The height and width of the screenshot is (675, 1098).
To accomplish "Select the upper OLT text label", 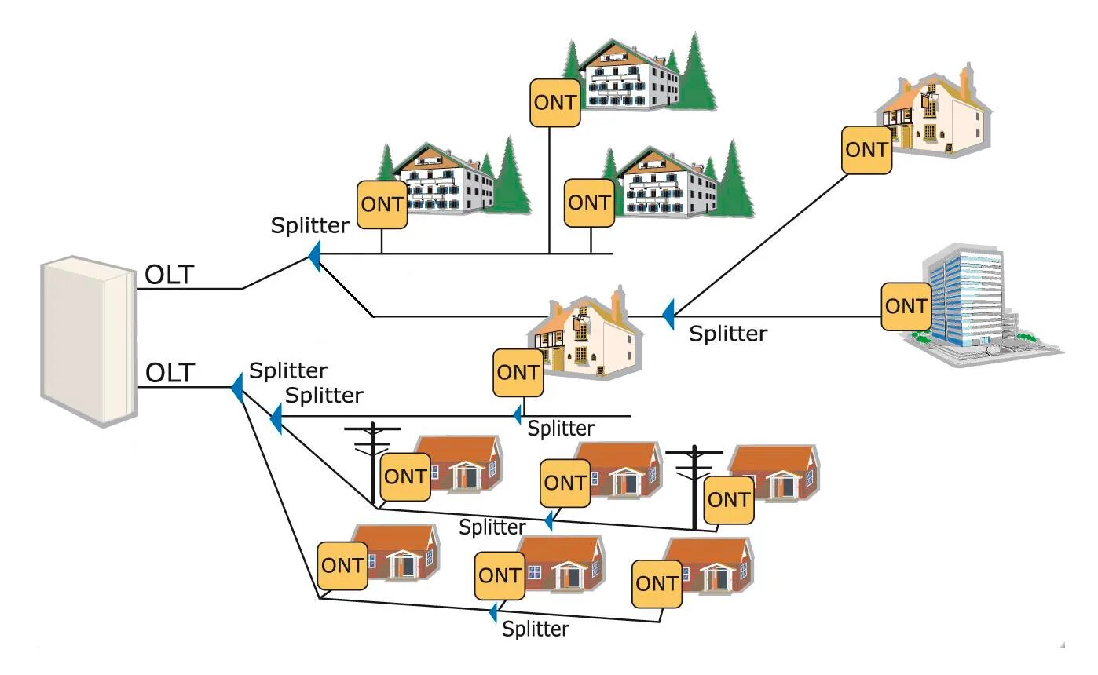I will [169, 275].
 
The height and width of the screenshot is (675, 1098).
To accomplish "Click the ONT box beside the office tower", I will [906, 306].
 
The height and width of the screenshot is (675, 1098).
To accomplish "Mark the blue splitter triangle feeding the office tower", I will [668, 314].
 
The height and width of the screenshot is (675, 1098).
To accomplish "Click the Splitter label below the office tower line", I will [727, 334].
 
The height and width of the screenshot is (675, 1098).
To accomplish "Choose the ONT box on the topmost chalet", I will [555, 102].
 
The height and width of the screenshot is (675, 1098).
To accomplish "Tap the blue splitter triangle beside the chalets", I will [314, 256].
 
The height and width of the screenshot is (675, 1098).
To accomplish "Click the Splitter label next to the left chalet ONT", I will [309, 226].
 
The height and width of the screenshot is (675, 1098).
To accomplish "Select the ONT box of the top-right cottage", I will [866, 149].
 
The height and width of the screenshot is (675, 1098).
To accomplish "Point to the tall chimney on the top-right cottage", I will [965, 82].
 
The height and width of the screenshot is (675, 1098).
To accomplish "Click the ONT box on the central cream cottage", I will [518, 373].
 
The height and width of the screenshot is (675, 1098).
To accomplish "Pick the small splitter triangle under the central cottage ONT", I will [518, 413].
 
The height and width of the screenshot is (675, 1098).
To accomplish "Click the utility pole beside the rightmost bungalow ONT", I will [694, 487].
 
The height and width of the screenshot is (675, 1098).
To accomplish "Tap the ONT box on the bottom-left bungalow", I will [342, 565].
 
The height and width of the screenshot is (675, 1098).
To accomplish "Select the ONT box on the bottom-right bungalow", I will [657, 584].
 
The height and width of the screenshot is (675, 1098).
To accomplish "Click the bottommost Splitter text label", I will [536, 629].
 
